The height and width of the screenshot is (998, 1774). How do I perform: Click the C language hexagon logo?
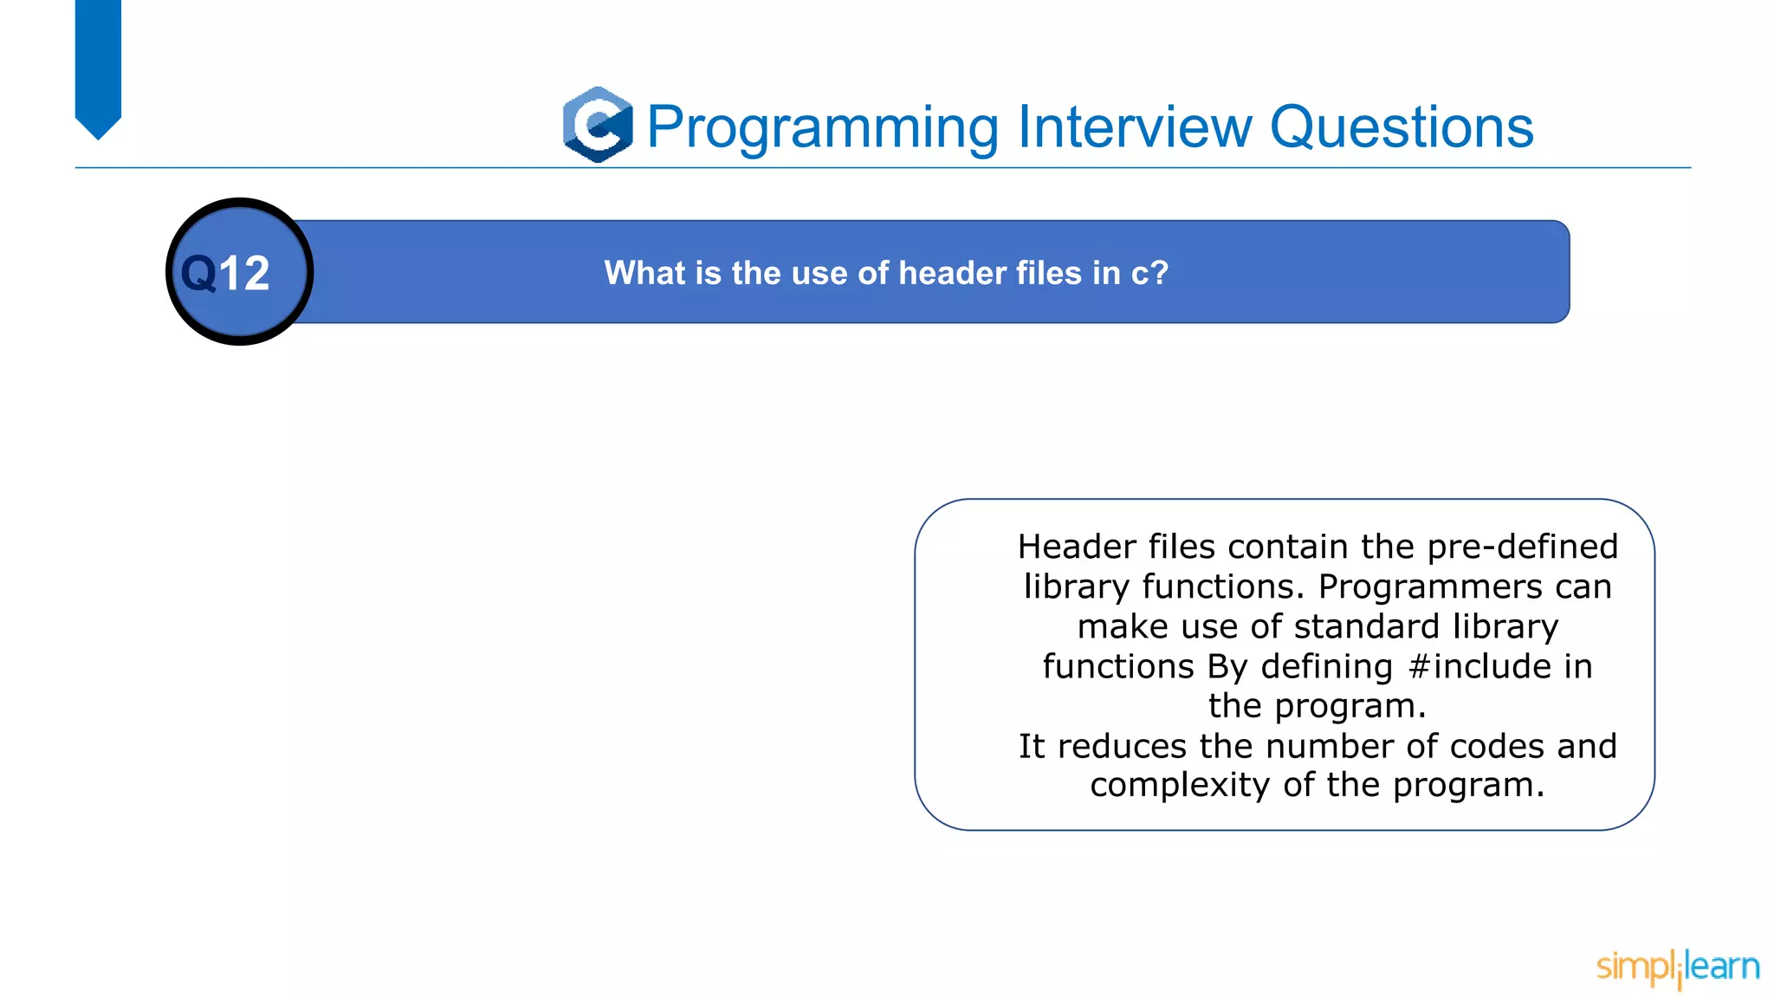598,125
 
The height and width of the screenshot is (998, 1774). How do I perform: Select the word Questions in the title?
1402,127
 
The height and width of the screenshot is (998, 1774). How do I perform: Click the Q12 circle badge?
239,272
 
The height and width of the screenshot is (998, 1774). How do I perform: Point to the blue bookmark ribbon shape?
98,65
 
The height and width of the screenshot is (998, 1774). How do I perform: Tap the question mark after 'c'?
1160,273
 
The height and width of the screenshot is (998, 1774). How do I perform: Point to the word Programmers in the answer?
1430,586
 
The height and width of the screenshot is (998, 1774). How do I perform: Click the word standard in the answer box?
1366,626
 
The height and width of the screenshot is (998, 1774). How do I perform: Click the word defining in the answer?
1326,666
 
